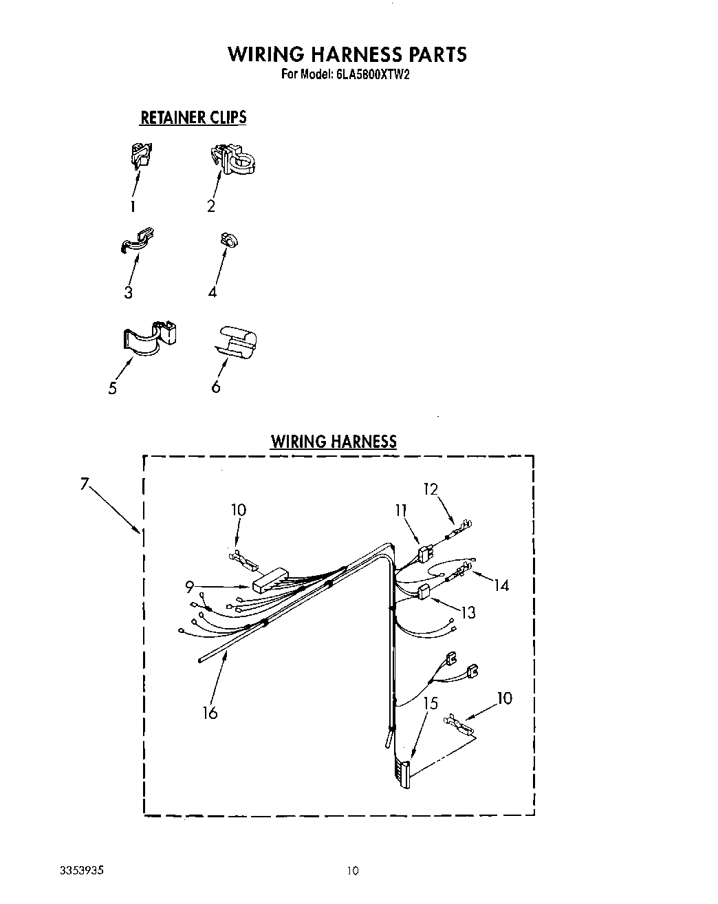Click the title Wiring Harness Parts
pyautogui.click(x=347, y=54)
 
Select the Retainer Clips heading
pyautogui.click(x=193, y=118)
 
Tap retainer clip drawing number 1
pyautogui.click(x=142, y=156)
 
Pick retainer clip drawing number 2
pyautogui.click(x=234, y=160)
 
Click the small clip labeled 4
pyautogui.click(x=228, y=240)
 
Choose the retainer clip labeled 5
pyautogui.click(x=151, y=338)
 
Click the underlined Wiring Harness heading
pyautogui.click(x=334, y=441)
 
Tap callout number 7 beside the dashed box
pyautogui.click(x=85, y=484)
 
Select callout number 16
pyautogui.click(x=210, y=713)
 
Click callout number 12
pyautogui.click(x=431, y=489)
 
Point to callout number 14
pyautogui.click(x=501, y=585)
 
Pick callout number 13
pyautogui.click(x=468, y=612)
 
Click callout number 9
pyautogui.click(x=189, y=587)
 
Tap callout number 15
pyautogui.click(x=431, y=703)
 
